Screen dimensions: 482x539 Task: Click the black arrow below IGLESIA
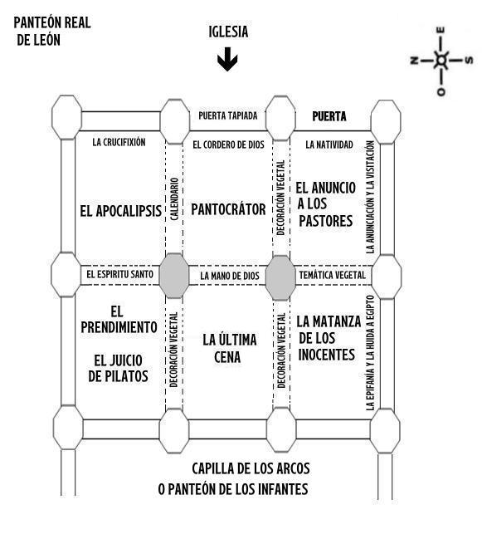pos(227,59)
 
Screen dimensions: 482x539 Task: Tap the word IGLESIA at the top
pos(228,32)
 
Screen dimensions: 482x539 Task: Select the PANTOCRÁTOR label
pos(228,209)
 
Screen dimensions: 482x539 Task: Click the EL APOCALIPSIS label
pos(121,211)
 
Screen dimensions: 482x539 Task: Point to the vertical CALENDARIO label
pos(174,199)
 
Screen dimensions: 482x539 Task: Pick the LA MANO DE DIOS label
pos(230,276)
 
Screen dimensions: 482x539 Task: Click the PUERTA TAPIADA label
pos(228,115)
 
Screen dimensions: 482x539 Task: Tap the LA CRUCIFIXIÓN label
pos(119,142)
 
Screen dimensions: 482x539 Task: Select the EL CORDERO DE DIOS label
pos(229,145)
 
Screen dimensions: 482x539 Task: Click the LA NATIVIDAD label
pos(329,145)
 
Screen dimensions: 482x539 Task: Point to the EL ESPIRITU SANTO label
pos(119,274)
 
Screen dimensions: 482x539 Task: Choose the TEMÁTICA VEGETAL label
pos(333,275)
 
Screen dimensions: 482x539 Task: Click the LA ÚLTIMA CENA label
pos(229,348)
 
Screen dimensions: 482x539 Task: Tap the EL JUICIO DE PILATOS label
pos(118,368)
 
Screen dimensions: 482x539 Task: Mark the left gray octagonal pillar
pos(174,276)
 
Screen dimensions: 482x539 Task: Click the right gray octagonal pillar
pos(281,278)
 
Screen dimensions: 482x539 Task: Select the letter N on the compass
pos(414,61)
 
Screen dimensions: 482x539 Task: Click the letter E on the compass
pos(441,30)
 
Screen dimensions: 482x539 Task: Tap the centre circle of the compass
pos(441,61)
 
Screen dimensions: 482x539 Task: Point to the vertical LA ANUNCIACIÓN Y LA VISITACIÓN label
pos(370,197)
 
